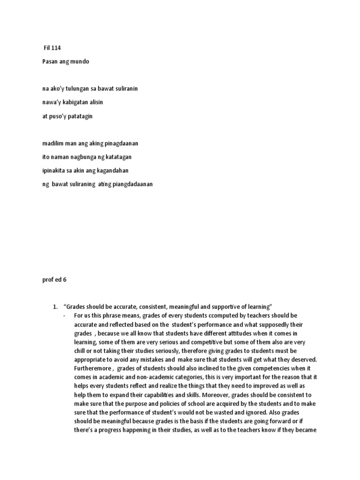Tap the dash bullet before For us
click(x=63, y=315)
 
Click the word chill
click(x=81, y=351)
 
